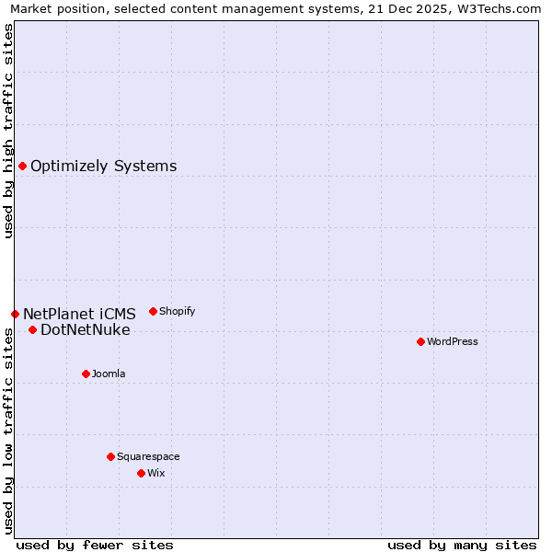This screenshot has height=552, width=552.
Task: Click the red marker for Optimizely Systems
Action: pyautogui.click(x=22, y=166)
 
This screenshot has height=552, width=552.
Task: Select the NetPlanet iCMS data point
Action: pyautogui.click(x=15, y=314)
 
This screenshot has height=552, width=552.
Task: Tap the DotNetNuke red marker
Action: pyautogui.click(x=32, y=329)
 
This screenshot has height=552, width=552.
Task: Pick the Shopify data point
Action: pyautogui.click(x=153, y=311)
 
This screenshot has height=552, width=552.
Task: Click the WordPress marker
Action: pyautogui.click(x=420, y=341)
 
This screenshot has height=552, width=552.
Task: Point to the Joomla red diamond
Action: pyautogui.click(x=86, y=374)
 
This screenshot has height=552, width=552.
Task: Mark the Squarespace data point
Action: pyautogui.click(x=110, y=456)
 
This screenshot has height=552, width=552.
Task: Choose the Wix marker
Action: pyautogui.click(x=141, y=473)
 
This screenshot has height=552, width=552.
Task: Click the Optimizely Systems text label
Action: pyautogui.click(x=103, y=166)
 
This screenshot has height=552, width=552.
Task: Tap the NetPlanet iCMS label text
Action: pyautogui.click(x=79, y=314)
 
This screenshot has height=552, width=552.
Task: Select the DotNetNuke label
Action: pyautogui.click(x=86, y=329)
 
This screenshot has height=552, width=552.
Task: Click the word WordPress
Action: pyautogui.click(x=453, y=341)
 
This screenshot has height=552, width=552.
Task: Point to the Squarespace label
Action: pyautogui.click(x=148, y=456)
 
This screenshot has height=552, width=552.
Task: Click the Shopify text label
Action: pyautogui.click(x=177, y=311)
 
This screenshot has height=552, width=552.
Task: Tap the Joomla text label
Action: pyautogui.click(x=109, y=374)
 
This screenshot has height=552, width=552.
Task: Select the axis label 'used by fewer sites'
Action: pyautogui.click(x=95, y=545)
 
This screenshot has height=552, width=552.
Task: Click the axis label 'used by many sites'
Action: pyautogui.click(x=462, y=545)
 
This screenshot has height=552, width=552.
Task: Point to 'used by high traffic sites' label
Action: pyautogui.click(x=8, y=131)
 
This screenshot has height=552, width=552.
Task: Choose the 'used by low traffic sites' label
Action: pyautogui.click(x=8, y=432)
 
